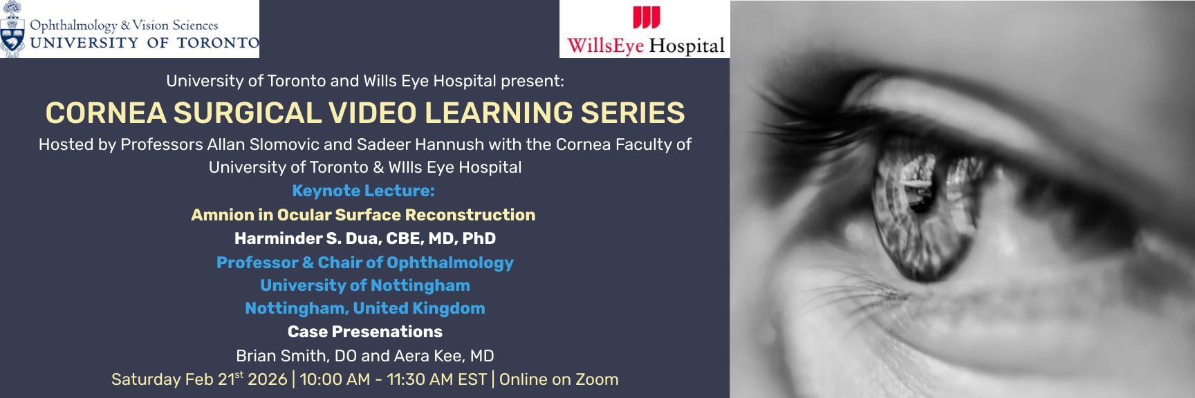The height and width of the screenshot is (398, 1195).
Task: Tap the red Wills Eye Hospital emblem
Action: [647, 17]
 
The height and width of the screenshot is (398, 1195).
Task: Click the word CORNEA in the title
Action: [106, 113]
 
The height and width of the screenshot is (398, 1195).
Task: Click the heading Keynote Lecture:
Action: [363, 191]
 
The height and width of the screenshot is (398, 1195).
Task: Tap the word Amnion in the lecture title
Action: [222, 215]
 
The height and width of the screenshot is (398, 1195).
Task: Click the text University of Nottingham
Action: [364, 285]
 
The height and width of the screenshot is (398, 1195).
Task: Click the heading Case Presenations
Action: [364, 332]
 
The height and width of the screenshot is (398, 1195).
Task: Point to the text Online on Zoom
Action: [559, 379]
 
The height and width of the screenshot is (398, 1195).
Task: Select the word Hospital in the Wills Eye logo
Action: [687, 46]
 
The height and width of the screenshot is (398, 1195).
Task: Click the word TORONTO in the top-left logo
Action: [217, 43]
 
